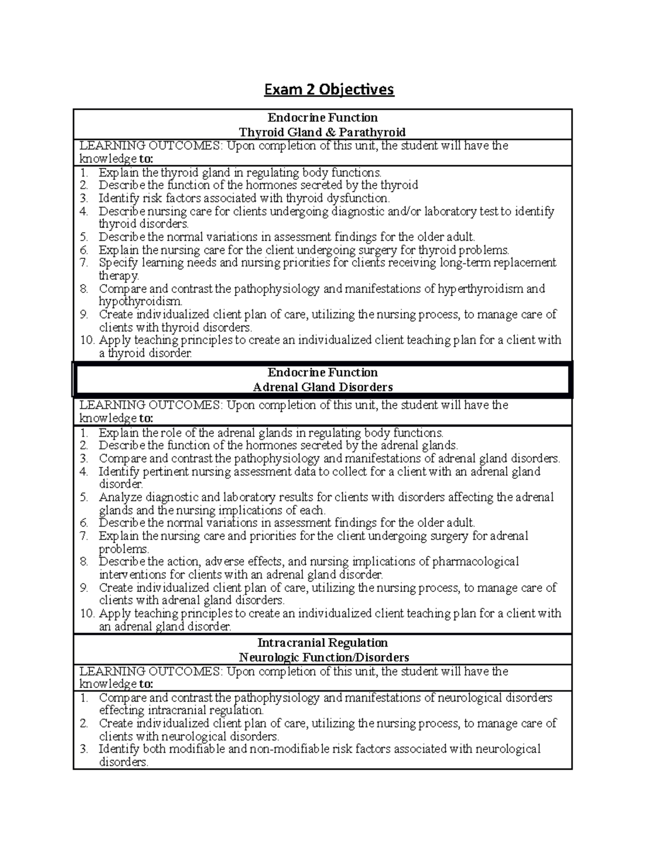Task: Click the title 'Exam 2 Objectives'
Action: click(329, 89)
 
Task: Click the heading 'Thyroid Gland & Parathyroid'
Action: click(322, 132)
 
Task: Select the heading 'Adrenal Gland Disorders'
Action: click(322, 387)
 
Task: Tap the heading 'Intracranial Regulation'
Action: click(322, 643)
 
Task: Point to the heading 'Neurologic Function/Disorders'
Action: click(324, 657)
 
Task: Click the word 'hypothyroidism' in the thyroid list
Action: click(140, 302)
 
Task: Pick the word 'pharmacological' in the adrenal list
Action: click(475, 562)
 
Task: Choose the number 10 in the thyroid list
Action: click(87, 340)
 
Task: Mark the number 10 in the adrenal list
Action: click(87, 613)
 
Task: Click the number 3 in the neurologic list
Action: click(83, 749)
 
